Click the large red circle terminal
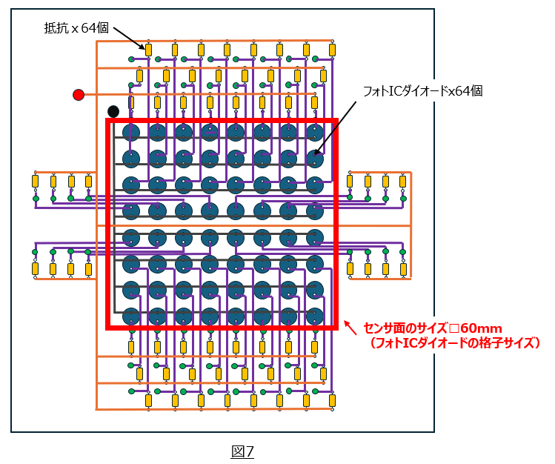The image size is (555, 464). (x=79, y=94)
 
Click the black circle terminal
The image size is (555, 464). (x=113, y=111)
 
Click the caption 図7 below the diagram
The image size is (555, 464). (x=242, y=451)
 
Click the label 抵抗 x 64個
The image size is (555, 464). (x=76, y=28)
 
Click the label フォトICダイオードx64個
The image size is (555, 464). (x=423, y=91)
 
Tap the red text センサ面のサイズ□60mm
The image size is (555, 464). (x=433, y=328)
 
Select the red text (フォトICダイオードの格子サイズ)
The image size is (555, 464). (x=454, y=343)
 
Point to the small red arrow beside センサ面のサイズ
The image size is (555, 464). (x=350, y=328)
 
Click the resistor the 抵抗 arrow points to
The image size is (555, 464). (x=149, y=50)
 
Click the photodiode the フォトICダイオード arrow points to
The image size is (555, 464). (x=315, y=158)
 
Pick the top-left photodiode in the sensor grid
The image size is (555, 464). (x=131, y=133)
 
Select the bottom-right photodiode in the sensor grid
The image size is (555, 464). (x=315, y=316)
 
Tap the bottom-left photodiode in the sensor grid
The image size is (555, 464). (x=131, y=316)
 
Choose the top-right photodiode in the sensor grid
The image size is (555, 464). (x=315, y=133)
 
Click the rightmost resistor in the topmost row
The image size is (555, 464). (x=332, y=50)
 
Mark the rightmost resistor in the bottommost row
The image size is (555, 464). (x=332, y=401)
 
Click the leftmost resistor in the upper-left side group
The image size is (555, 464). (x=35, y=182)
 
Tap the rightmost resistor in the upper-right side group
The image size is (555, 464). (x=403, y=182)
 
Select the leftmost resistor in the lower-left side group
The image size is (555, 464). (x=35, y=269)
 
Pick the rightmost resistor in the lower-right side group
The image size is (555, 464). (x=403, y=269)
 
